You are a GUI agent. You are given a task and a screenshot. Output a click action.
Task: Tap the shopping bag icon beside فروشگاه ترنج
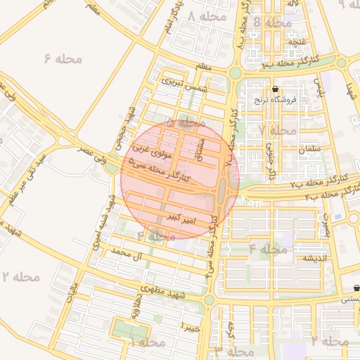(275, 89)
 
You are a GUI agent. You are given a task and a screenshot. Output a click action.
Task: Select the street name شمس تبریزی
(181, 85)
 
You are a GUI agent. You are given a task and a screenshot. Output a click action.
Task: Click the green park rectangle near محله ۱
(131, 329)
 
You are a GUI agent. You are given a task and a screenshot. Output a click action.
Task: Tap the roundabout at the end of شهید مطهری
(209, 300)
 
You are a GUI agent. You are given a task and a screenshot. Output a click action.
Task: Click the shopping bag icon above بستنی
(356, 288)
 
